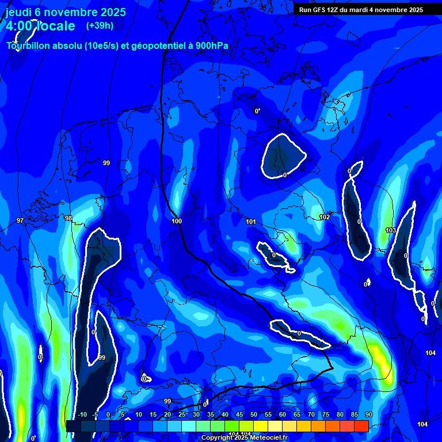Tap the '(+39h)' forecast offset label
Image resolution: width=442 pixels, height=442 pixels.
click(x=100, y=25)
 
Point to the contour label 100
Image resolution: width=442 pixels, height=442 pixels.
click(x=177, y=222)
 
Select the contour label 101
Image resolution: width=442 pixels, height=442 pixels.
click(x=250, y=222)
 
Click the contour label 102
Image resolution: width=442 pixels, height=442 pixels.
click(x=325, y=217)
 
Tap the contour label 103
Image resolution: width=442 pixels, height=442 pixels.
click(x=391, y=230)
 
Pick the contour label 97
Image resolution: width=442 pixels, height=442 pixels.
click(x=20, y=220)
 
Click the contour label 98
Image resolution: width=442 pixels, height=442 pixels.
click(x=68, y=218)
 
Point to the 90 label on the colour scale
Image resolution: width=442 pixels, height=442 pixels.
click(x=368, y=415)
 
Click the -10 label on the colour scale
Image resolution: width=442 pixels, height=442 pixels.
click(x=82, y=415)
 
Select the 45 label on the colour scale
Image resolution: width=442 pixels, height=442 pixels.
click(x=239, y=415)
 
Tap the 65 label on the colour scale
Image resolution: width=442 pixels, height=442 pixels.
click(x=296, y=415)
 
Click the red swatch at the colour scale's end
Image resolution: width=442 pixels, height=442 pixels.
click(x=361, y=426)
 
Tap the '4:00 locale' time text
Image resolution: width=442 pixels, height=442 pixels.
click(x=40, y=26)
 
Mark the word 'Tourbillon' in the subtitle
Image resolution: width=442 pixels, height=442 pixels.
click(x=29, y=46)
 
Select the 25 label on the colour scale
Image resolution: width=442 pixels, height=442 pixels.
click(x=181, y=415)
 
